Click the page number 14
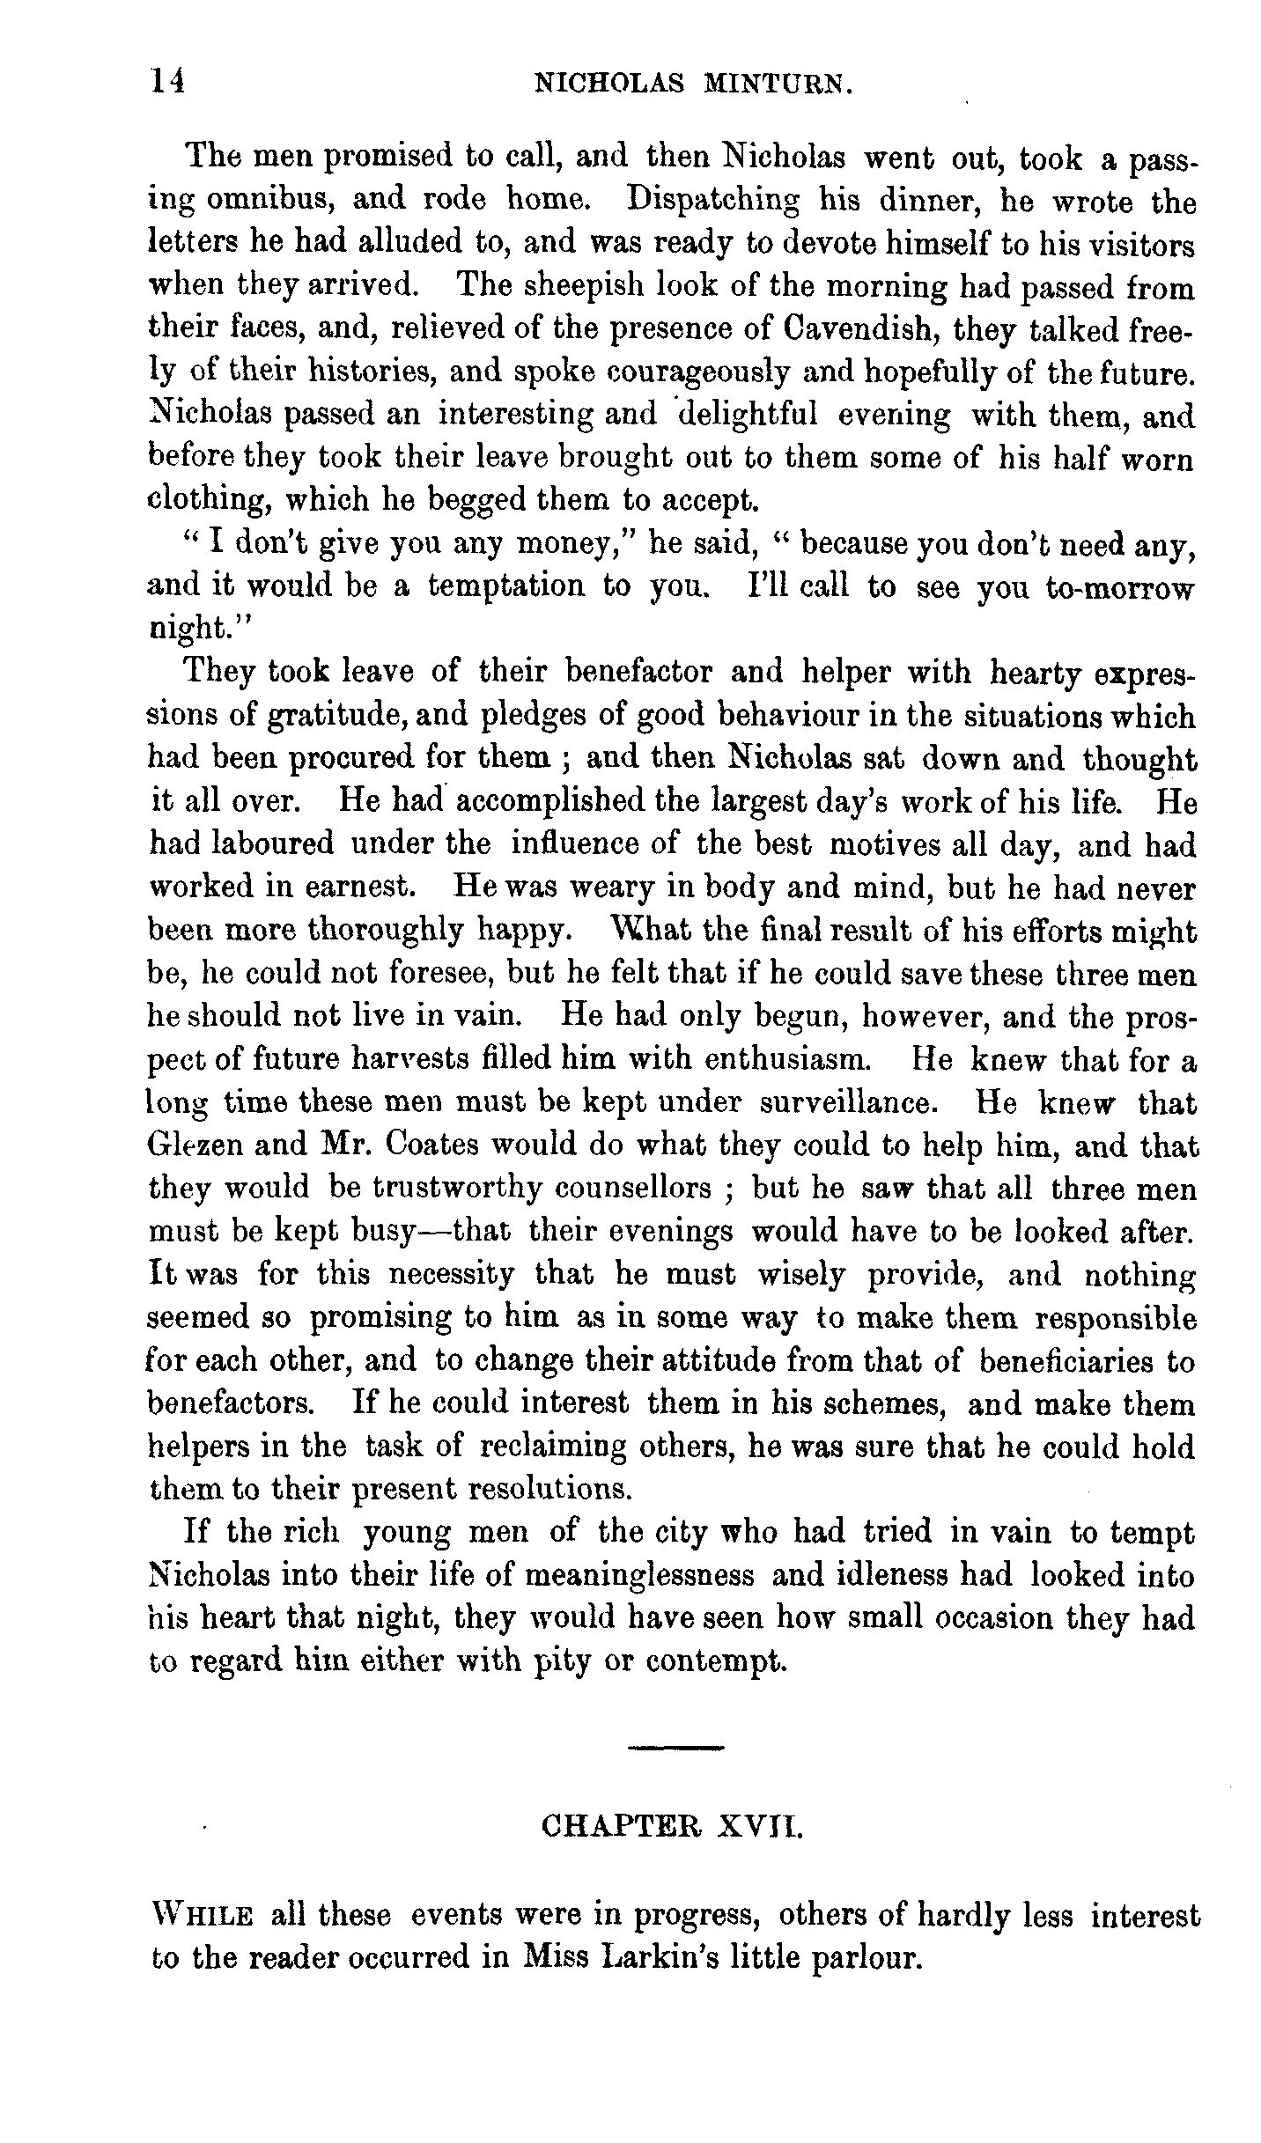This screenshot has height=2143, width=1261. point(166,81)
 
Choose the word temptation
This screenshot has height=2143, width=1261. point(506,586)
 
